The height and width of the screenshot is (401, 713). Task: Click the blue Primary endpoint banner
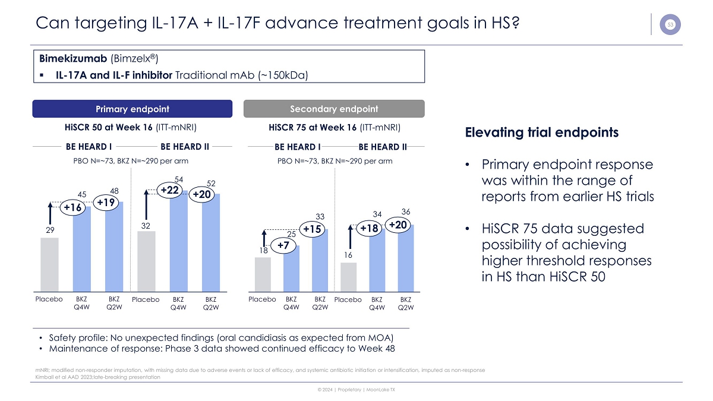point(132,109)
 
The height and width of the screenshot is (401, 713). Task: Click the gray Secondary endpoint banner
point(334,109)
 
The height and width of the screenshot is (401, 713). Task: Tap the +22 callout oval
point(170,190)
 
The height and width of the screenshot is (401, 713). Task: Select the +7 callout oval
point(283,245)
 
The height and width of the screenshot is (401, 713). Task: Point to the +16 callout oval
point(73,207)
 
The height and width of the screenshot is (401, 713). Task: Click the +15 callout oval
point(313,229)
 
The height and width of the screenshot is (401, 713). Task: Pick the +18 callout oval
point(369,228)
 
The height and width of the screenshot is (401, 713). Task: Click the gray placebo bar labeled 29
point(50,264)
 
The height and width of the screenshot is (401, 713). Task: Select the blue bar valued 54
point(179,241)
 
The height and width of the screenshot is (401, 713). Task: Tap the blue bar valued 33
point(320,260)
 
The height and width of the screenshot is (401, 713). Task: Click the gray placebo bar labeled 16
point(349,277)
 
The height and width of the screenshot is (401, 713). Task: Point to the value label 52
point(211,184)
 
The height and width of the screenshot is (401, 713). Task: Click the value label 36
point(406,211)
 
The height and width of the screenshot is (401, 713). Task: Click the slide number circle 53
point(670,24)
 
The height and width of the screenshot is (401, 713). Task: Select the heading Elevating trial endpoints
point(541,132)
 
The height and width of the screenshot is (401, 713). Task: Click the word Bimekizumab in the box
point(73,59)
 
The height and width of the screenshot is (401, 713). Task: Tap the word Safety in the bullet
point(62,337)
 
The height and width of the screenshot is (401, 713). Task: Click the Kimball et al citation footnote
point(97,377)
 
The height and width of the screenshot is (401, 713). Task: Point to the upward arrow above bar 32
point(146,204)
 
